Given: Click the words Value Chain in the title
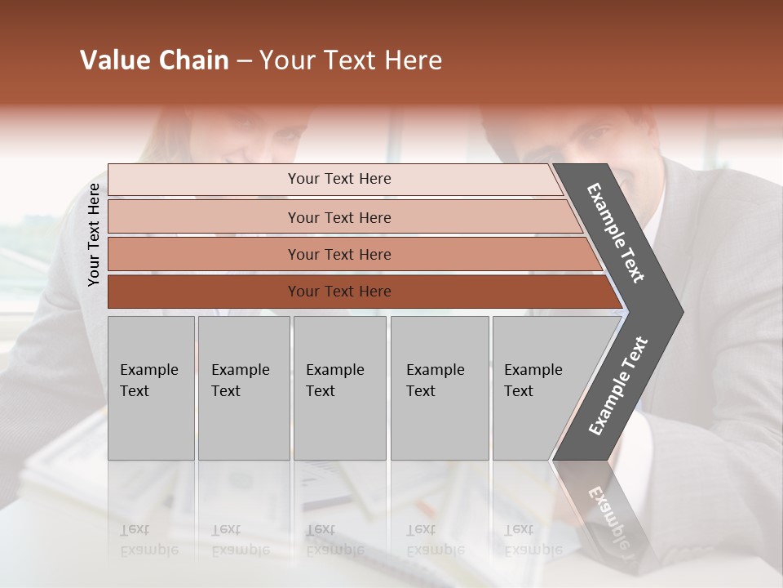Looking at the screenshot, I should (x=154, y=60).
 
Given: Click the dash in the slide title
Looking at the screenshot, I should (x=244, y=61).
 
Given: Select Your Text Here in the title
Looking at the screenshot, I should (x=351, y=60).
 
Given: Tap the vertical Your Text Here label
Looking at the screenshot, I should (x=94, y=235).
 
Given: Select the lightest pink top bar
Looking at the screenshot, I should (x=339, y=179).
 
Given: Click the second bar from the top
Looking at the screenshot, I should (x=339, y=217).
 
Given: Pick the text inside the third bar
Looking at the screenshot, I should (x=339, y=255).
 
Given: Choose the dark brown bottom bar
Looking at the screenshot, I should (x=339, y=292).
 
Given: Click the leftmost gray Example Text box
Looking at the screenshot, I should (x=150, y=387).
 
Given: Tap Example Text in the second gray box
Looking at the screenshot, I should (x=240, y=381).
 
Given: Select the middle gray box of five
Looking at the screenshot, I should (x=339, y=387).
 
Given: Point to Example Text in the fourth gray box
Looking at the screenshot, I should (x=435, y=381).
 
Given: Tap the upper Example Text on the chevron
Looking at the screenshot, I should (x=616, y=233).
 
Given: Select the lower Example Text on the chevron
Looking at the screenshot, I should (x=617, y=386).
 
